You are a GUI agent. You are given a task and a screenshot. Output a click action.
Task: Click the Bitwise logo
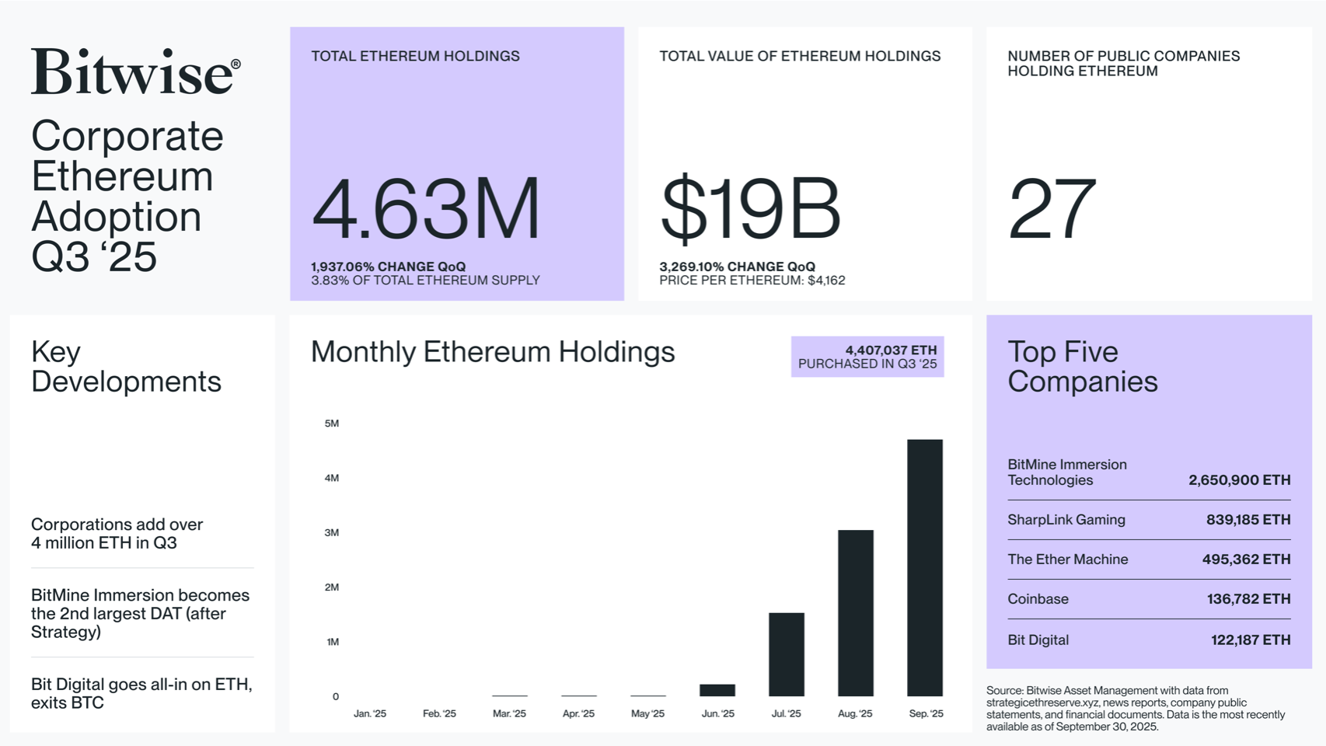(x=135, y=72)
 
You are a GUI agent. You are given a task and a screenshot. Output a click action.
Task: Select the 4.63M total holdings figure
(x=425, y=208)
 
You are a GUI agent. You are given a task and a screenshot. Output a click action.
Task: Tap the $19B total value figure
(x=750, y=208)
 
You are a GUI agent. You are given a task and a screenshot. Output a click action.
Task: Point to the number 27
(x=1052, y=208)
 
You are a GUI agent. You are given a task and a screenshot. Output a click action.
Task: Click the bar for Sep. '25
(x=924, y=567)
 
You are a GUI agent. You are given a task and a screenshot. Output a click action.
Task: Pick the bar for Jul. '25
(x=786, y=654)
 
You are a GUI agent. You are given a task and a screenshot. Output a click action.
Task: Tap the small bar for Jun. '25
(x=717, y=690)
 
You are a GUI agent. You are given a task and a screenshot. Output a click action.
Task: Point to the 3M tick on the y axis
(x=332, y=532)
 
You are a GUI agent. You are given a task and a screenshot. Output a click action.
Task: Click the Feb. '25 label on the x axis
(x=439, y=713)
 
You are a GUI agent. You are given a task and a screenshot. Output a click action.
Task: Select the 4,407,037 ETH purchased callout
(x=867, y=357)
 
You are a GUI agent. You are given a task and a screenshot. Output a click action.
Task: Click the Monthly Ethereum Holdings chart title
(x=493, y=352)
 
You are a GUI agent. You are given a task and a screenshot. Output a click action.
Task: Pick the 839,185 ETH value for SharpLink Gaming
(x=1247, y=520)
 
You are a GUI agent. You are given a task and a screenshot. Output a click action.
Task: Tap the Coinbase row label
(x=1038, y=599)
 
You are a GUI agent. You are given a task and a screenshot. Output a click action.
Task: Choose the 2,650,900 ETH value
(x=1239, y=480)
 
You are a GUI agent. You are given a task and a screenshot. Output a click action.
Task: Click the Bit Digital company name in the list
(x=1038, y=640)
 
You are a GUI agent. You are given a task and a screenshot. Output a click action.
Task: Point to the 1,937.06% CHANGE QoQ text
(x=389, y=267)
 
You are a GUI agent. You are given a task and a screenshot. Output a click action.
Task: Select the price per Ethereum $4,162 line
(x=752, y=281)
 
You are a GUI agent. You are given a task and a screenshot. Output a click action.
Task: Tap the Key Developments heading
(x=126, y=367)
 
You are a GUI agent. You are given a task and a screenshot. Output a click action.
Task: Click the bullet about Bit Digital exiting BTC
(x=141, y=693)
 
